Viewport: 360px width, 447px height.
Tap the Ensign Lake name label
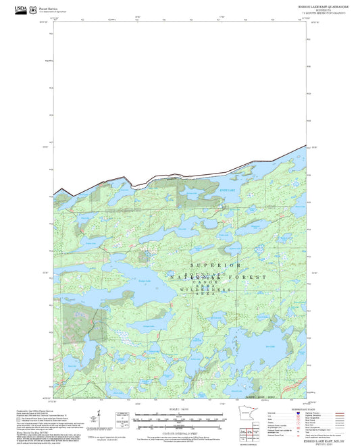[144, 280]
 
